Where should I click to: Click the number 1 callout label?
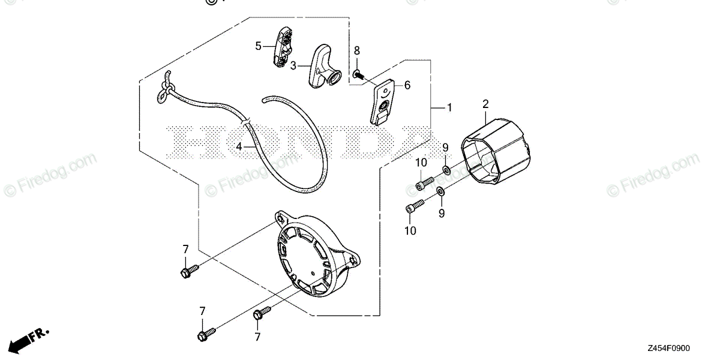coord(449,108)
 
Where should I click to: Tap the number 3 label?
coord(293,65)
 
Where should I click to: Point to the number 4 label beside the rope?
coord(238,146)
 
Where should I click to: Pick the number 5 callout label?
coord(259,46)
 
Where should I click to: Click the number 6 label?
coord(407,86)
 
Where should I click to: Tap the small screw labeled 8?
coord(358,74)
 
